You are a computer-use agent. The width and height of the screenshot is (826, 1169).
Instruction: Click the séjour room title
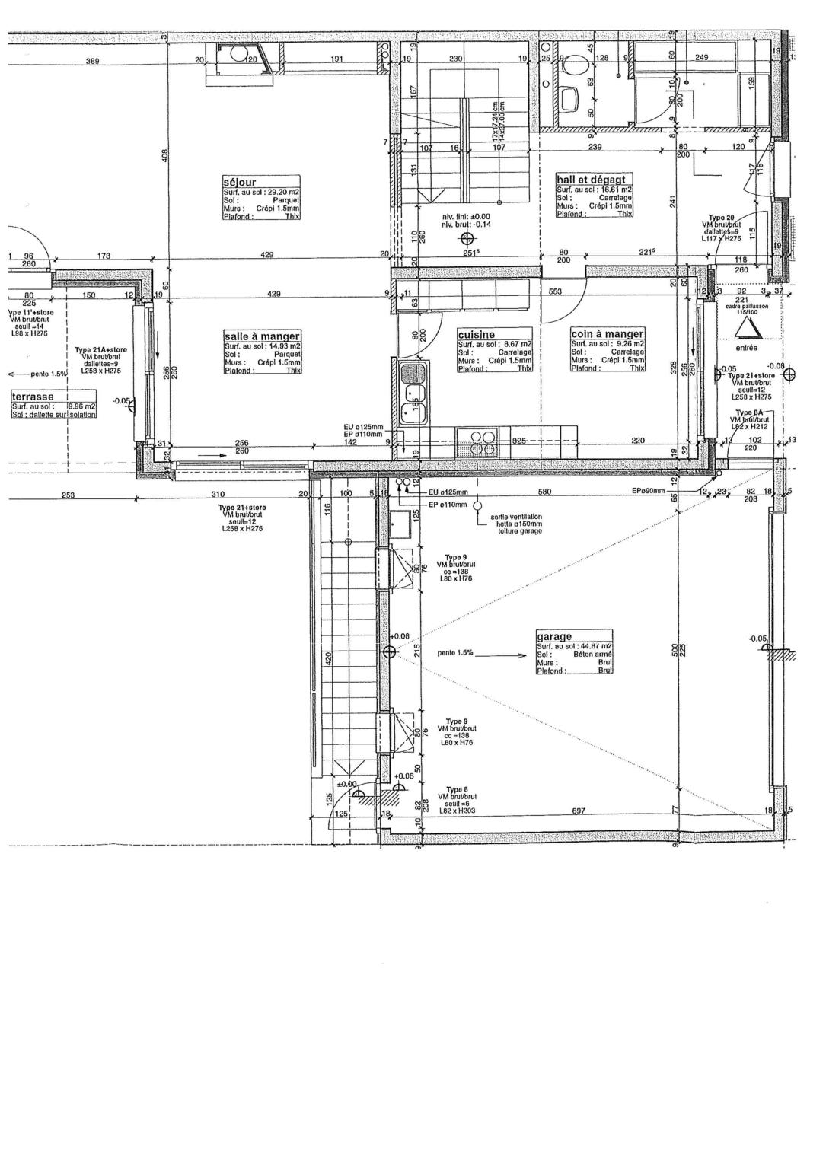pos(240,183)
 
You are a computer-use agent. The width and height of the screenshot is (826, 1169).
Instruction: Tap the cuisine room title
pos(477,334)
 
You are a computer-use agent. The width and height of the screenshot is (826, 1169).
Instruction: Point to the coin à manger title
pos(608,333)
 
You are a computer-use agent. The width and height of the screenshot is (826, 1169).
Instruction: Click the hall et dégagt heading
pos(591,179)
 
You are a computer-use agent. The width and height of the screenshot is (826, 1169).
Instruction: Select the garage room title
pos(554,636)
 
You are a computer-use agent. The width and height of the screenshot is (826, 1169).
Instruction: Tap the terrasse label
pos(31,397)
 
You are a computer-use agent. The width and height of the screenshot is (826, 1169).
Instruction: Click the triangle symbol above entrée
pos(746,326)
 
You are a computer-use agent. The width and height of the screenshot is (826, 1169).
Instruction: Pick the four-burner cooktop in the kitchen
pos(480,442)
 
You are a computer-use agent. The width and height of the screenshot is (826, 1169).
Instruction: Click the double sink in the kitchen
pos(413,403)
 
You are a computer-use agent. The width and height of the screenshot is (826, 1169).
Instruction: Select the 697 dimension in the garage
pos(578,811)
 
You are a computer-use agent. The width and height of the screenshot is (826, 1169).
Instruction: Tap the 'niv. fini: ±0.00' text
pos(466,216)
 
